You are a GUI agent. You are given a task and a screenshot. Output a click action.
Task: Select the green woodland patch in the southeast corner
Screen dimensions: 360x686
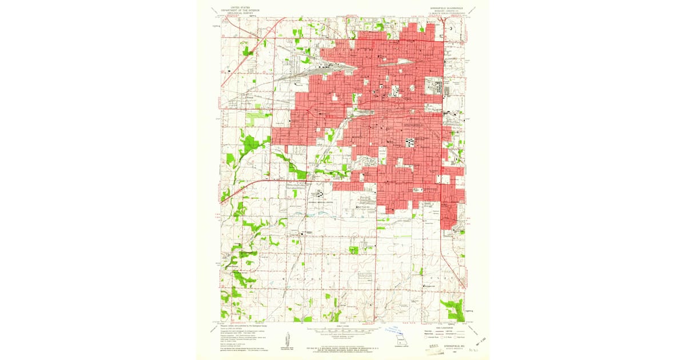click(454, 309)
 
